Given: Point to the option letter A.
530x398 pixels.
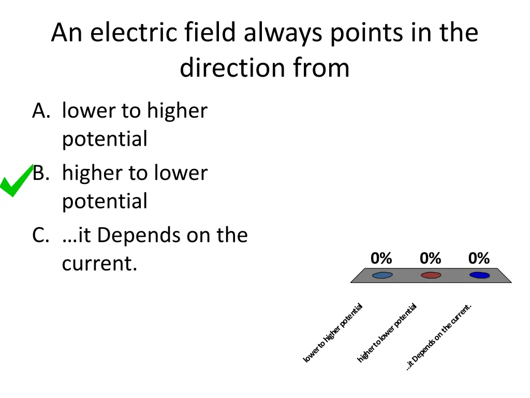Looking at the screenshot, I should click(x=40, y=111).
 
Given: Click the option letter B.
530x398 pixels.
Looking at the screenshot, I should click(x=40, y=173).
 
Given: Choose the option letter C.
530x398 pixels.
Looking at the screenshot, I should click(x=40, y=235).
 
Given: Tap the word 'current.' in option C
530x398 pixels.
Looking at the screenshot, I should click(x=99, y=264).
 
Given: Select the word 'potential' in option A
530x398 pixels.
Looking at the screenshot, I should click(x=105, y=139).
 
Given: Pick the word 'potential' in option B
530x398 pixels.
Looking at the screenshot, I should click(x=105, y=202).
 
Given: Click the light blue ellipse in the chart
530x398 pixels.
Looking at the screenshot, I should click(x=382, y=275).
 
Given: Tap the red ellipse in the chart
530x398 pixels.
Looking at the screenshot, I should click(x=431, y=275).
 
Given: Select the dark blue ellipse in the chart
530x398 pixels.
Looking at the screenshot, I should click(x=479, y=275).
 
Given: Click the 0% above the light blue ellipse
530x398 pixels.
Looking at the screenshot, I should click(x=381, y=258).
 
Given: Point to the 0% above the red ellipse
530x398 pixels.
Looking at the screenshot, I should click(x=430, y=258).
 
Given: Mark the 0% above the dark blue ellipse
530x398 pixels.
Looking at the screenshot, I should click(x=479, y=258).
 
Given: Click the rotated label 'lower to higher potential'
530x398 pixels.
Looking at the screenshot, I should click(x=333, y=333).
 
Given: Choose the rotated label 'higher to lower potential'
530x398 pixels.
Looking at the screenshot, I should click(x=387, y=333).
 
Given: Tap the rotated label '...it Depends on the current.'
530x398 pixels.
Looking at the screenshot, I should click(x=438, y=337).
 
